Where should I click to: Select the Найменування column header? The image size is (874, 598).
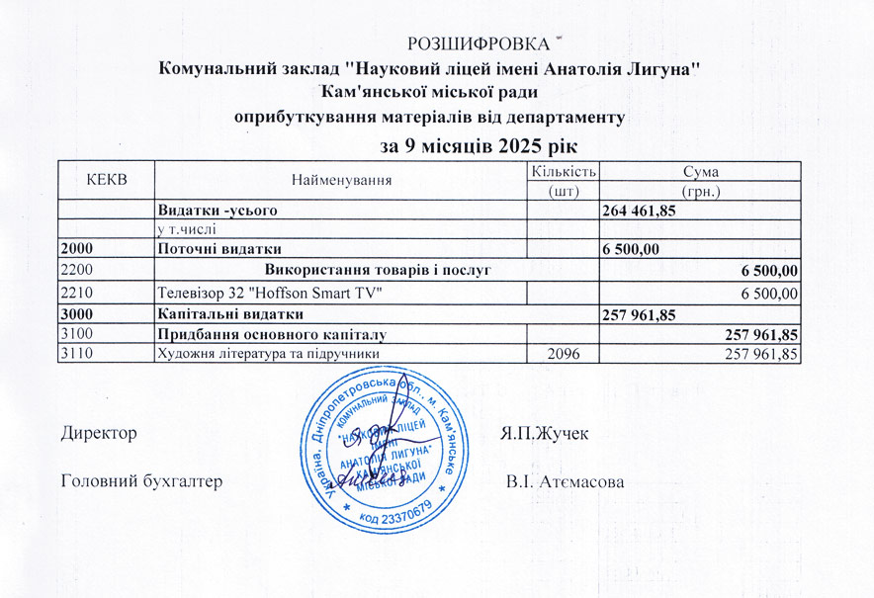(x=341, y=180)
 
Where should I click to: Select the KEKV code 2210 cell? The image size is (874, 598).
(x=76, y=293)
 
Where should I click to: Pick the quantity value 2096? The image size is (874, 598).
(x=563, y=353)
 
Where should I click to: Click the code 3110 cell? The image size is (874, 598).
(x=76, y=353)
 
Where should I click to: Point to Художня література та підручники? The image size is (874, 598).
(x=268, y=353)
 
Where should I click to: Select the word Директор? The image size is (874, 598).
(x=97, y=433)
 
